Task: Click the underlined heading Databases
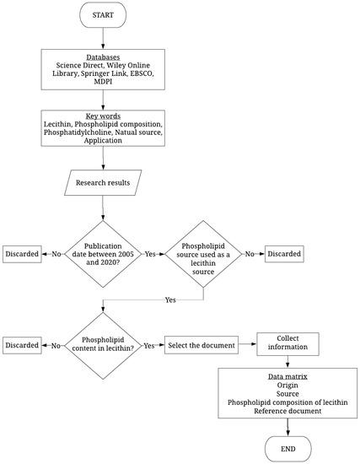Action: [103, 57]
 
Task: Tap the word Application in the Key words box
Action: [103, 142]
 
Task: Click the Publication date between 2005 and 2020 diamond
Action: [103, 253]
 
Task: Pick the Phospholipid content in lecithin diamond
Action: [103, 345]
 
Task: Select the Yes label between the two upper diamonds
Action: [151, 253]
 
